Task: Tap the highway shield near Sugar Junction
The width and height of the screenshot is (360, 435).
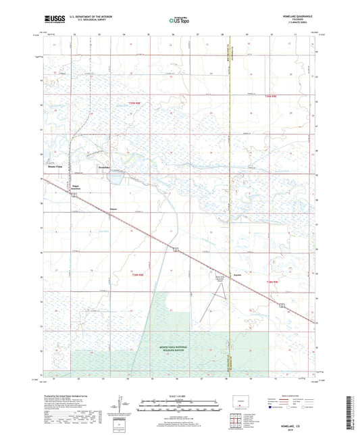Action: (x=76, y=195)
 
